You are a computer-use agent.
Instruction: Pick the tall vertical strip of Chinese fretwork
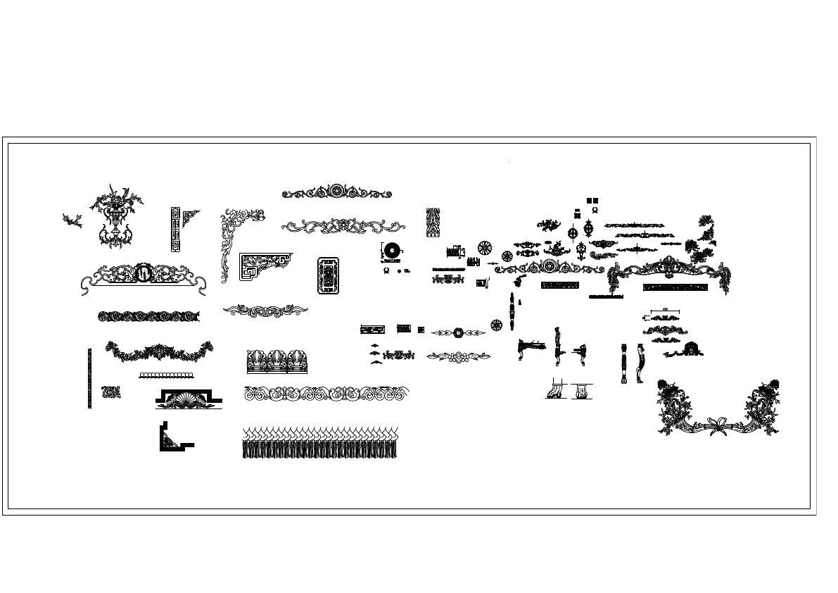point(175,229)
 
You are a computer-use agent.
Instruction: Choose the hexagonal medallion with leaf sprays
point(458,332)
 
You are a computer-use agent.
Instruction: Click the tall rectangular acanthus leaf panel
point(433,222)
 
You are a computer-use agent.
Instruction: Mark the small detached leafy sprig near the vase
point(72,220)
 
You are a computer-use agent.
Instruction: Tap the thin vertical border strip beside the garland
point(89,378)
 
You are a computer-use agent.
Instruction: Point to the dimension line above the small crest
point(665,310)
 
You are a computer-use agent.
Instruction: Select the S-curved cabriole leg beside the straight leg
point(640,363)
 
